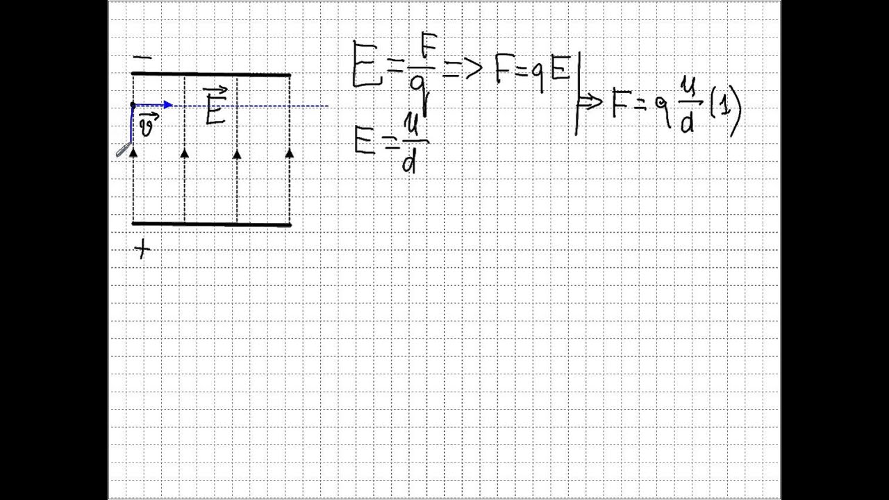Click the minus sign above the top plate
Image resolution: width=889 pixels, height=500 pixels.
142,58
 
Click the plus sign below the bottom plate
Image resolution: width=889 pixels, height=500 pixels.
142,249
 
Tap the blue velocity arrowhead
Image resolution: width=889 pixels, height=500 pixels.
168,105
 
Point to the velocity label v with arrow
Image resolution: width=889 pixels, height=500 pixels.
148,126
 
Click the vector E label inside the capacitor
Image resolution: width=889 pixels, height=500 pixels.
215,107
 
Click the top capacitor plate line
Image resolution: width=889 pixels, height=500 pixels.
211,74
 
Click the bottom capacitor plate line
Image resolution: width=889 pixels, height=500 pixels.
211,224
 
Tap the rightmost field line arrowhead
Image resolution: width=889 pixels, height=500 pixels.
289,153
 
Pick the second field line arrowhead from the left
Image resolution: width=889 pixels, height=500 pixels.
184,153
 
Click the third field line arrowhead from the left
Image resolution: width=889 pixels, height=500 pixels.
237,153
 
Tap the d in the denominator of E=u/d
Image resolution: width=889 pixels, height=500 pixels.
409,161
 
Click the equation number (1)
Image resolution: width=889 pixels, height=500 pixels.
726,109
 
